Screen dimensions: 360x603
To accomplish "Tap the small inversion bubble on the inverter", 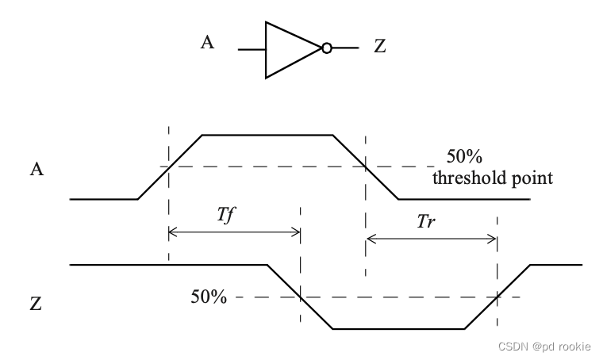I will click(326, 49).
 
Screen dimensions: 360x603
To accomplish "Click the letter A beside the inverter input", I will click(207, 43).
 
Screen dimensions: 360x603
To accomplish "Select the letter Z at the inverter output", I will click(379, 48).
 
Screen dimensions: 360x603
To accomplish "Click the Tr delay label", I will click(426, 222).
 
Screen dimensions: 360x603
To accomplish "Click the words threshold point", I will click(492, 178).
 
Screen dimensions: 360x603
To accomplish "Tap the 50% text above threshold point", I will click(463, 156).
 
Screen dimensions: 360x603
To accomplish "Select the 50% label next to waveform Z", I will click(209, 297).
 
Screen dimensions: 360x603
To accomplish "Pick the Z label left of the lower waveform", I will click(36, 303).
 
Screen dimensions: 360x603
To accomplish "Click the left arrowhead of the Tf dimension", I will click(172, 232).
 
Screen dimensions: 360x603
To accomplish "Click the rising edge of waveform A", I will click(170, 167).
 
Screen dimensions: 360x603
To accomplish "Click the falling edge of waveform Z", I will click(300, 297).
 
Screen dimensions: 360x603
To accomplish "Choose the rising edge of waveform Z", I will click(497, 297).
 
